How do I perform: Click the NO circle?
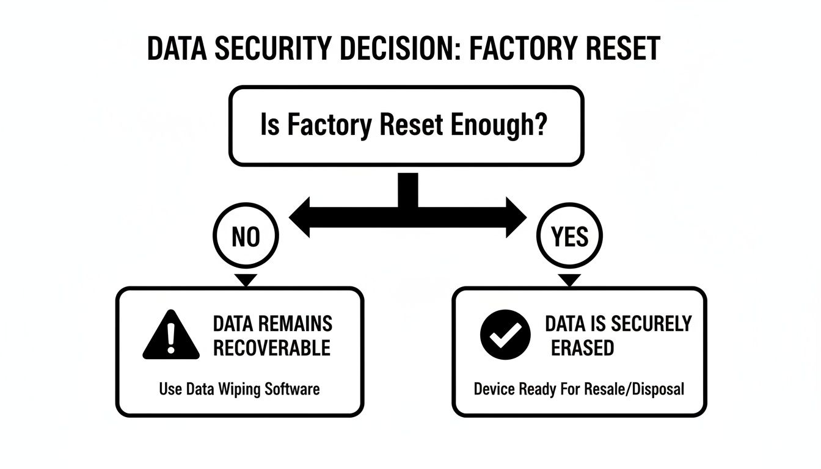246,237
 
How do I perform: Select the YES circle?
569,237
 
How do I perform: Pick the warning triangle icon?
171,336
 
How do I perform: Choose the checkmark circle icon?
505,334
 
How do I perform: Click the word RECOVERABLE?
272,348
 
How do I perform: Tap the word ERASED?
582,348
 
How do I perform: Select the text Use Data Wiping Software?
239,388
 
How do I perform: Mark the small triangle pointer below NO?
246,280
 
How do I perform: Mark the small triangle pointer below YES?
569,280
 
